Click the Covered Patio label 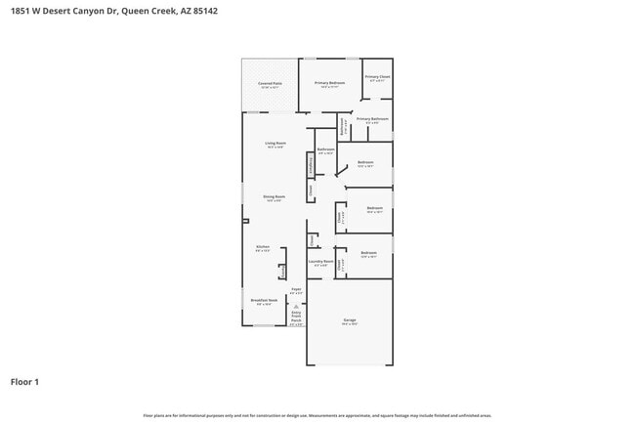(270, 84)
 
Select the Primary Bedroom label (329, 83)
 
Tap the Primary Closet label (378, 76)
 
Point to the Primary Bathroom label (372, 119)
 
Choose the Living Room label (275, 144)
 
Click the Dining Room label (275, 196)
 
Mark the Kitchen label (262, 247)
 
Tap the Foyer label (296, 289)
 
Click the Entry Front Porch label (296, 315)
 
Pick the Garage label (349, 319)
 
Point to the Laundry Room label (320, 261)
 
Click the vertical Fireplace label (312, 165)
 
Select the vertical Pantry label (283, 270)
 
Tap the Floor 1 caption (24, 382)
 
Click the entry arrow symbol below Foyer (296, 304)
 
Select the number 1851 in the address (19, 11)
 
